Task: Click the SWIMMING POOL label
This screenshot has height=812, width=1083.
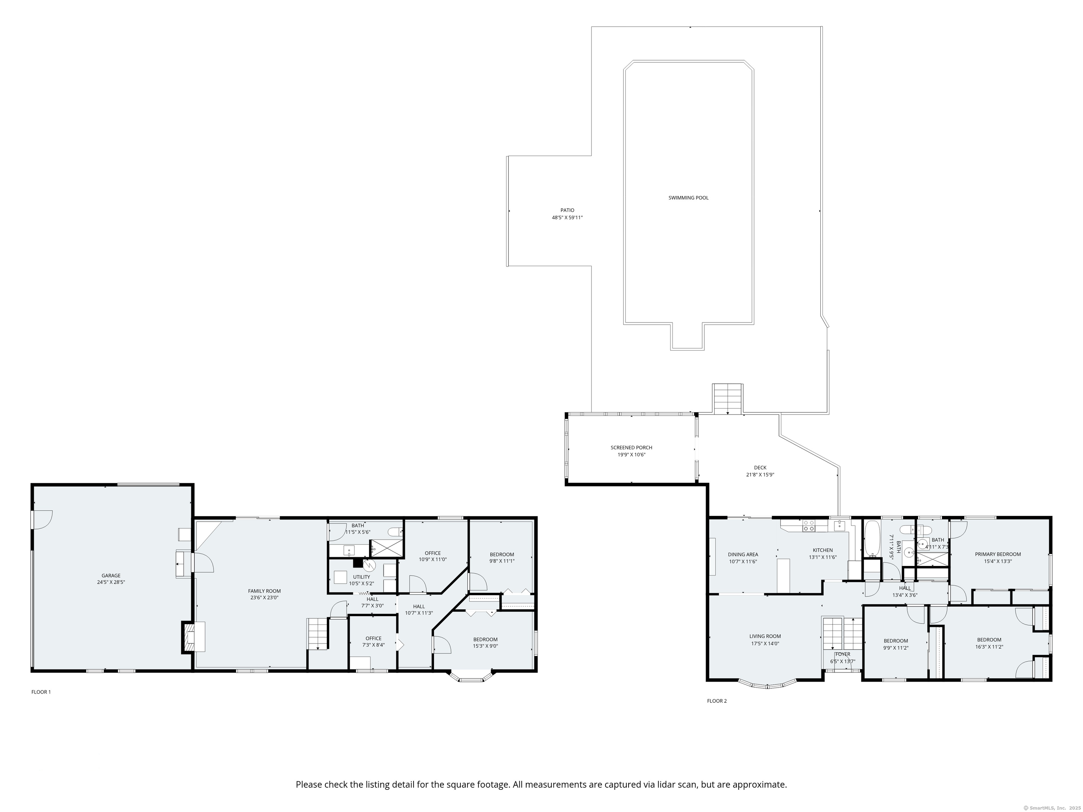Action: [x=689, y=198]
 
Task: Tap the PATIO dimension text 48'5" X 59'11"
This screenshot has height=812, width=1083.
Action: [x=568, y=217]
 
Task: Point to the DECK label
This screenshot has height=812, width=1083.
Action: [x=760, y=467]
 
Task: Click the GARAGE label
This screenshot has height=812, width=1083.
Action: [x=111, y=576]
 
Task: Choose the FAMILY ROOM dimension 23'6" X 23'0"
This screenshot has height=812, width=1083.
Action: [x=264, y=598]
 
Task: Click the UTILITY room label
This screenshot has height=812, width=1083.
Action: [x=362, y=577]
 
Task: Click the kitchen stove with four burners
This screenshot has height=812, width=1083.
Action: [x=809, y=526]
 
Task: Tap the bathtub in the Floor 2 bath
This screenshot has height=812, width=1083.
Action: [x=872, y=539]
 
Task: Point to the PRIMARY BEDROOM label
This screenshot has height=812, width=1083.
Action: [x=998, y=554]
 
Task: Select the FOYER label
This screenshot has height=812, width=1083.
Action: [x=843, y=654]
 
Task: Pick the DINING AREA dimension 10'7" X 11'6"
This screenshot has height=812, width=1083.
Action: [x=743, y=561]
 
